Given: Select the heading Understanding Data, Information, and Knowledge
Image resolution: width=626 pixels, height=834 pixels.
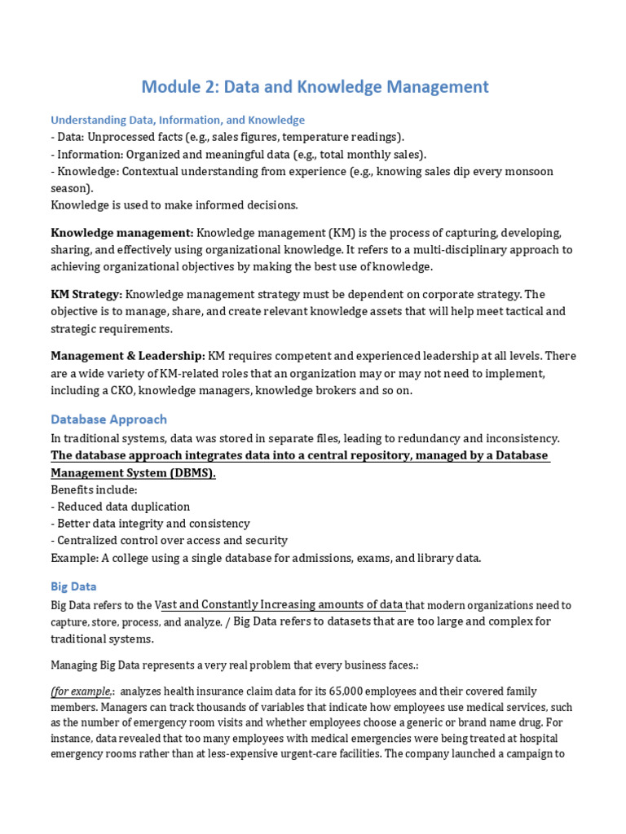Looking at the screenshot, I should tap(178, 120).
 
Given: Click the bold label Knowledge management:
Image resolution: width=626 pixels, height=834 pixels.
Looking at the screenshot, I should tap(122, 233).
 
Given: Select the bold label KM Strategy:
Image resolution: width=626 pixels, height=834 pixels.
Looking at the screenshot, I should tap(86, 294).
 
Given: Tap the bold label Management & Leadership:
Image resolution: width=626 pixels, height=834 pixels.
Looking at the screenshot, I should tap(128, 355).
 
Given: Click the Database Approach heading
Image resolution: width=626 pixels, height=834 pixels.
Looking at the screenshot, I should tap(108, 419).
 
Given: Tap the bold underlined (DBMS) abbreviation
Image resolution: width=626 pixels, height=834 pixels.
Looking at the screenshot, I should tap(193, 473).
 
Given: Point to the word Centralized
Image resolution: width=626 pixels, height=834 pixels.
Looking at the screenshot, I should tap(91, 541).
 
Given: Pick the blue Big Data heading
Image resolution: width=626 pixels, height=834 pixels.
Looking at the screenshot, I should tap(73, 586).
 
